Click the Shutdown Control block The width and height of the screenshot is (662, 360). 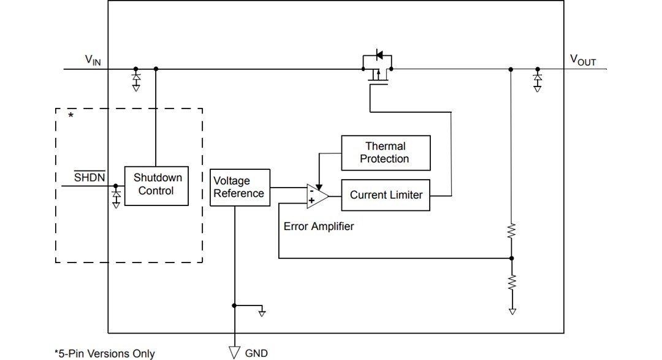156,185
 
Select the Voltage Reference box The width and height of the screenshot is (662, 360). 240,188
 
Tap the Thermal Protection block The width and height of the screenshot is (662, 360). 385,153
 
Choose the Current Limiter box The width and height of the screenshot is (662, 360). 386,195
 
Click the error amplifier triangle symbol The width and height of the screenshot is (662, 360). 316,195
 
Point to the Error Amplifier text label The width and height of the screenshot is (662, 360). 319,226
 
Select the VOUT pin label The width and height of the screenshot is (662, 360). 582,59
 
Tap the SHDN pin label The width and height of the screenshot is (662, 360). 89,178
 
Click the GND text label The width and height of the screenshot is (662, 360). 256,353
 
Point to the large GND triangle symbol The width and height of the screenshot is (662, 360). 234,351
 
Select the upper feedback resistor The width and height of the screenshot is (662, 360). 512,232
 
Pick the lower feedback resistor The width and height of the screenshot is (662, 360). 512,282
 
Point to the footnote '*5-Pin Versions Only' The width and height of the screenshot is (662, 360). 105,353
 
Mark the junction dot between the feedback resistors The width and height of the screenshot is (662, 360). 512,258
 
